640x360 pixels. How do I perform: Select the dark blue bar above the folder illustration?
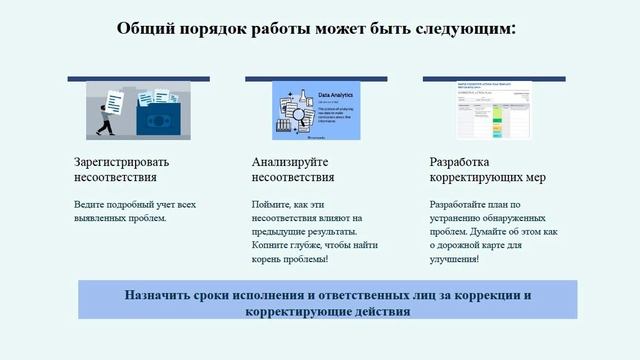click(x=138, y=78)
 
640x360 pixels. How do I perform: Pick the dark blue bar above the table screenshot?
click(x=494, y=78)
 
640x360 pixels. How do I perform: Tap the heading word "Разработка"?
click(x=459, y=162)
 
